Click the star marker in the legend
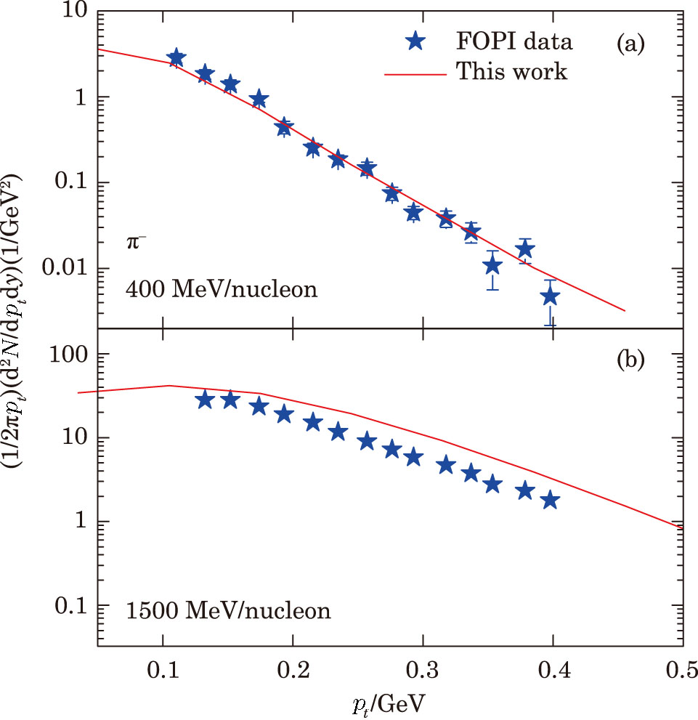coord(415,41)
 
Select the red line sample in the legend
coord(415,73)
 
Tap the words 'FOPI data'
coord(512,41)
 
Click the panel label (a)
coord(630,44)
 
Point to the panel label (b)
coord(630,361)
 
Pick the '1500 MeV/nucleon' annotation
coord(228,610)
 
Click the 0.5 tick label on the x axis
coord(681,669)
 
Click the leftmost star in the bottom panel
coord(205,399)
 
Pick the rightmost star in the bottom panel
coord(551,500)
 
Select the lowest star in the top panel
coord(551,296)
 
